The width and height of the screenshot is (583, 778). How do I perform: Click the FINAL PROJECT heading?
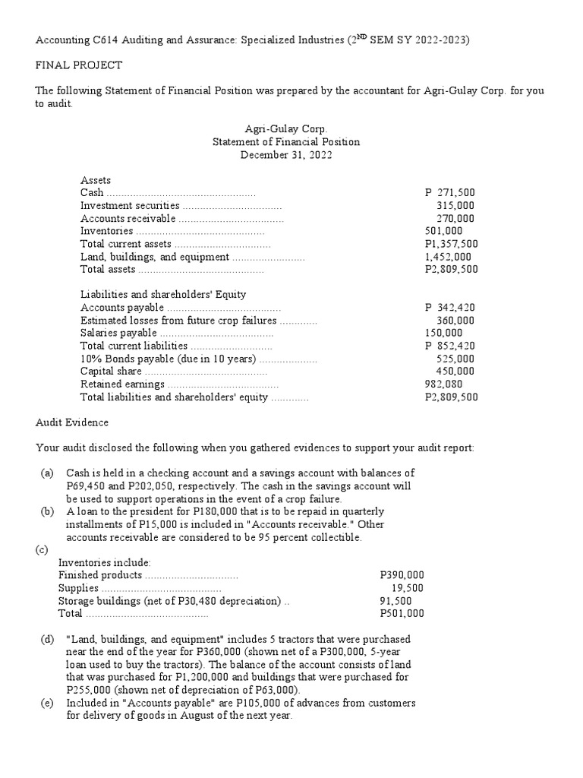(x=79, y=65)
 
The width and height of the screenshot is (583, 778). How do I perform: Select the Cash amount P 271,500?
(x=450, y=193)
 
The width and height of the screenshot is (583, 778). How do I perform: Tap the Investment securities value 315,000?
(x=456, y=205)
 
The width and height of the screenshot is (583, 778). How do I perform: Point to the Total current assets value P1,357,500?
(x=451, y=244)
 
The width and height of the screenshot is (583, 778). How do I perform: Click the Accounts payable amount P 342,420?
(x=450, y=308)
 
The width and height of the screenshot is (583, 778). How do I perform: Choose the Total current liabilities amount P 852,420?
(x=450, y=346)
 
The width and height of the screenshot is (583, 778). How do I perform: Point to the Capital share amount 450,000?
(x=456, y=372)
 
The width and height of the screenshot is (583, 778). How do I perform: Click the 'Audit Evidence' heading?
(x=72, y=422)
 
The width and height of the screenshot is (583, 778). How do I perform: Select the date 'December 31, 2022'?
(x=286, y=155)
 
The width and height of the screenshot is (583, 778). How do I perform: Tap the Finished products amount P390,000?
(x=402, y=575)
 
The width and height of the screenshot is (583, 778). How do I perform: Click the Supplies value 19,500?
(x=408, y=588)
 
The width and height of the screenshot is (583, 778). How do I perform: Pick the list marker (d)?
(x=47, y=640)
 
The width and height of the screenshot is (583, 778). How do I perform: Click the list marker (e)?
(x=47, y=704)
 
